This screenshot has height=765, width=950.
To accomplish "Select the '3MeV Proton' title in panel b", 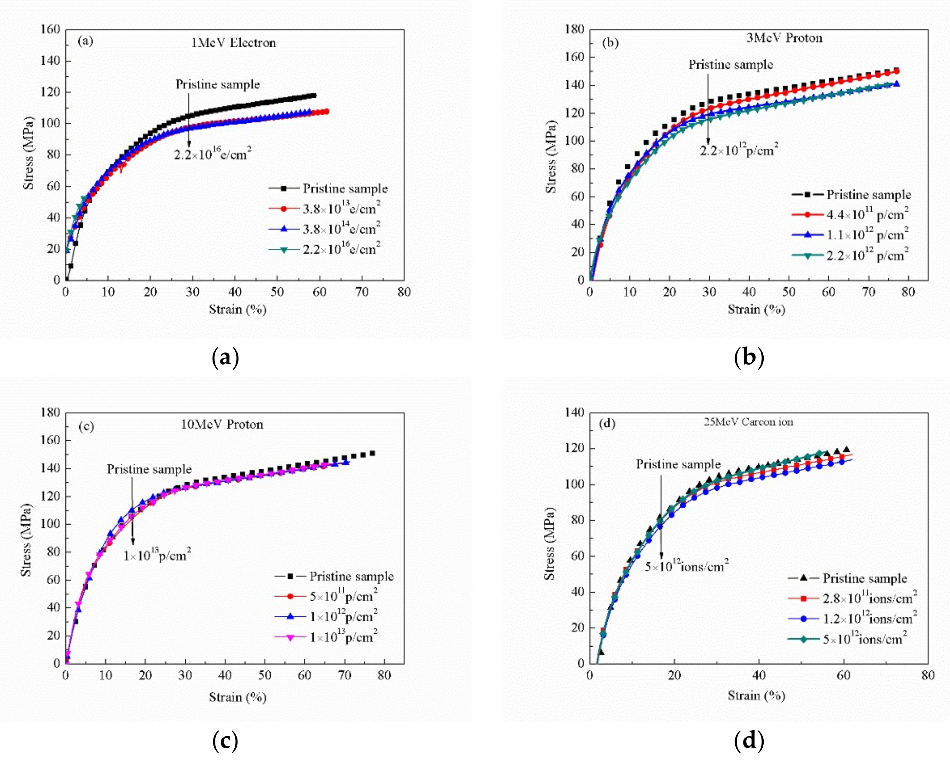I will (x=784, y=38).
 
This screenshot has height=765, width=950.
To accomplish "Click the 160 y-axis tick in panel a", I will (x=50, y=30).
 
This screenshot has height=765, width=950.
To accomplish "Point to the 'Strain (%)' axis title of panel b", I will (x=756, y=309).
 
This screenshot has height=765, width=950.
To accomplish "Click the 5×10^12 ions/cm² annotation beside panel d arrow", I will (x=686, y=566).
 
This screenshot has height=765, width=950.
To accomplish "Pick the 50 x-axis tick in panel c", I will (x=265, y=676).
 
